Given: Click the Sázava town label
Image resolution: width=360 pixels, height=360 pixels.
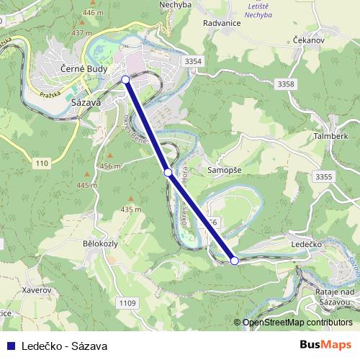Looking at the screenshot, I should pos(85,102).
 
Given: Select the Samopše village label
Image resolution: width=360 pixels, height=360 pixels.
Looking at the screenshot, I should pos(225,170).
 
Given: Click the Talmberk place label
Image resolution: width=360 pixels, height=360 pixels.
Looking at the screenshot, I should pos(331,135).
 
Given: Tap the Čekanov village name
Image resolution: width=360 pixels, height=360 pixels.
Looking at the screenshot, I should pos(310,40).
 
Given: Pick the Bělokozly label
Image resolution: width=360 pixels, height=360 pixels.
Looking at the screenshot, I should pos(100,245).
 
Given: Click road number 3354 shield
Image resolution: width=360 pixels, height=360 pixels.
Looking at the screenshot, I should pos(193,62).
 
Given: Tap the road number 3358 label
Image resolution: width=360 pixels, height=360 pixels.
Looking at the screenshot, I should pos(286,85).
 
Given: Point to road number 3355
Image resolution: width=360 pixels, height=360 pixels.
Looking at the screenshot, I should pos(324,176).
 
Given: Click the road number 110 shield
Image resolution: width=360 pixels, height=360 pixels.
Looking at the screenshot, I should pos(41,164).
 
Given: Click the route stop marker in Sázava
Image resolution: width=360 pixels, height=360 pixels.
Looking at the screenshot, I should pos(125,79).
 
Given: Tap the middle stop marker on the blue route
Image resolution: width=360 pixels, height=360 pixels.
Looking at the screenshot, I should pos(168,172).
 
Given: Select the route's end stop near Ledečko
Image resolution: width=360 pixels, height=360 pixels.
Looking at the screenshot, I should pos(234,261).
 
